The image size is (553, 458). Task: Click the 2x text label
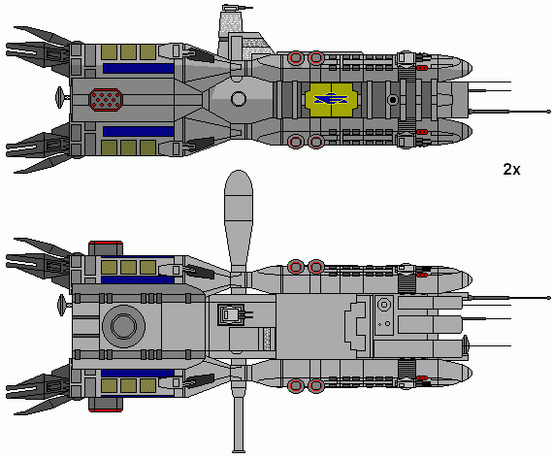point(511,170)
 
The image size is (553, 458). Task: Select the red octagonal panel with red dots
point(106,100)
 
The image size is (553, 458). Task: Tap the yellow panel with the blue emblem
point(331,100)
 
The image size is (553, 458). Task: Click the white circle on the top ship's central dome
point(239,99)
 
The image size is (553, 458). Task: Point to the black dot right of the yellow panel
point(393,100)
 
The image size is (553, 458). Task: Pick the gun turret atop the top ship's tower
point(235,8)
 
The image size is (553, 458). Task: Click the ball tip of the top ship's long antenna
point(548,112)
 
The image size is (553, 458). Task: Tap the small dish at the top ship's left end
point(60,97)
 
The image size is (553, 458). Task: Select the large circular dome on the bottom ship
point(123,326)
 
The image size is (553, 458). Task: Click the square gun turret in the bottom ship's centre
point(231,314)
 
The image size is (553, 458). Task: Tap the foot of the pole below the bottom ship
point(239,451)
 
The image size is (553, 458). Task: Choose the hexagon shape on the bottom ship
point(383,304)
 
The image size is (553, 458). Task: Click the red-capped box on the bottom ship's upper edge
point(106,248)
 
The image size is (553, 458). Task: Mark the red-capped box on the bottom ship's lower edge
point(106,405)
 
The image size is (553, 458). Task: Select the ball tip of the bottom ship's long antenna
point(548,298)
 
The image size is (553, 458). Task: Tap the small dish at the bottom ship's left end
point(62,306)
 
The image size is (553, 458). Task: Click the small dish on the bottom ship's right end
point(466,344)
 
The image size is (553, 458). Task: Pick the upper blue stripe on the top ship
point(139,69)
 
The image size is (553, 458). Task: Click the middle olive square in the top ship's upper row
point(128,51)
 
